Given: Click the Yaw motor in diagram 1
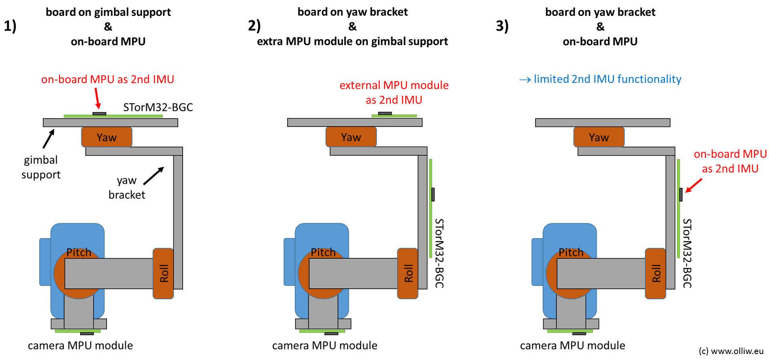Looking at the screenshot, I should (x=107, y=137).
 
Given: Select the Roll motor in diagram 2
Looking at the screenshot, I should (x=408, y=274).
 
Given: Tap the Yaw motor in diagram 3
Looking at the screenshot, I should (x=599, y=137).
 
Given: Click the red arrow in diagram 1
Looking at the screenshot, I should (x=97, y=98).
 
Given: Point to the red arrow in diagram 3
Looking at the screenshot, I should (x=694, y=185).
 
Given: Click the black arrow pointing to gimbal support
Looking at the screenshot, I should (x=48, y=139).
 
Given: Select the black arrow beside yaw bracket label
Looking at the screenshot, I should (x=153, y=176).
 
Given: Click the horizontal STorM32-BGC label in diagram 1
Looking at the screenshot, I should (x=158, y=107).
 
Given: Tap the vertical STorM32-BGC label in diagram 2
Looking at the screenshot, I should (x=439, y=253).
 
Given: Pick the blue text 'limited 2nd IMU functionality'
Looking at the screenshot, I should (x=607, y=79).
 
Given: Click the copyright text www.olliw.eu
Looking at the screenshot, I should (x=731, y=351).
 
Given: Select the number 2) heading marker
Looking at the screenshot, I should (x=254, y=26).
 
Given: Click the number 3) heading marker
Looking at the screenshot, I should (x=502, y=26).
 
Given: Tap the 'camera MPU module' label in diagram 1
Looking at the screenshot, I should (x=80, y=346).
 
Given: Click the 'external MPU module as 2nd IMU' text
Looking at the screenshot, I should (x=394, y=93).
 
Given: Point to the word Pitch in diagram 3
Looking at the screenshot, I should (x=571, y=252).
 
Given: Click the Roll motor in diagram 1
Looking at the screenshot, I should (x=163, y=274).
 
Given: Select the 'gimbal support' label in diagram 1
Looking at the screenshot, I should (x=41, y=167).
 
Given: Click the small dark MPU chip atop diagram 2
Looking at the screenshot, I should (x=385, y=113).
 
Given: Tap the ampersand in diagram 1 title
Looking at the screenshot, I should (x=108, y=26).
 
